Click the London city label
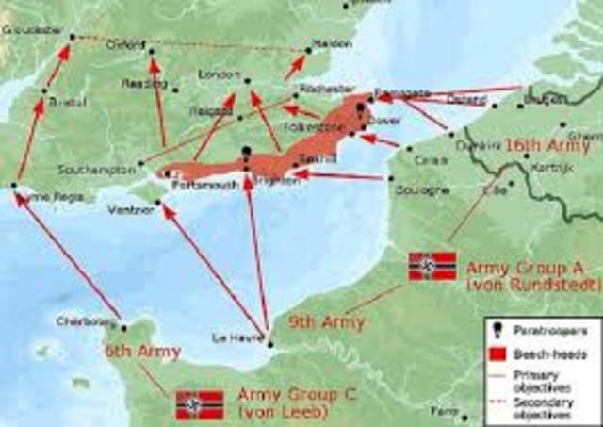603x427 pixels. point(214,74)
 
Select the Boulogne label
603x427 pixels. point(421,189)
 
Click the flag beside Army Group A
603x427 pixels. point(432,267)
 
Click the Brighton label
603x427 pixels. point(279,180)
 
